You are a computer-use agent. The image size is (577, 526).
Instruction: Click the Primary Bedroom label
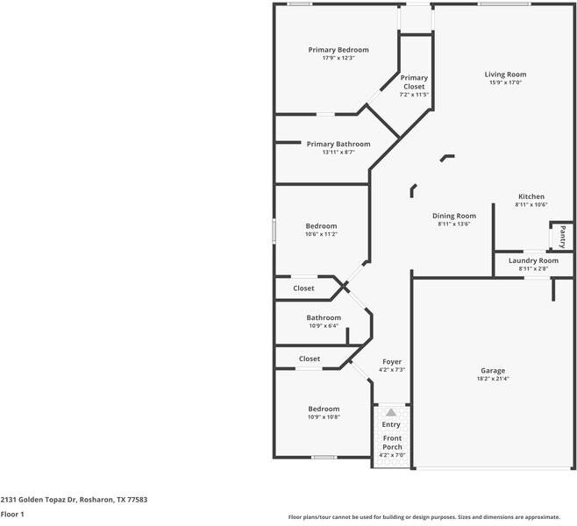tap(338, 50)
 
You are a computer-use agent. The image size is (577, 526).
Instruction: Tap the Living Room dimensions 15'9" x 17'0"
tap(505, 82)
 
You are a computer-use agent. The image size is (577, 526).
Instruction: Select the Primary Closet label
tap(414, 82)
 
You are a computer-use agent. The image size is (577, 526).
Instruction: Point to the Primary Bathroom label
tap(338, 144)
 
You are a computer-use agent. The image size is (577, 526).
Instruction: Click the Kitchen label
tap(531, 196)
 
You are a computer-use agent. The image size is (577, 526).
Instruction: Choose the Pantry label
tap(562, 237)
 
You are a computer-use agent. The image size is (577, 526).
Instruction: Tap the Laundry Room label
tap(533, 260)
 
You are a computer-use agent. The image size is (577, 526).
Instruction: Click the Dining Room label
tap(454, 216)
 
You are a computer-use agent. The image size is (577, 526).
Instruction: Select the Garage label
tap(493, 370)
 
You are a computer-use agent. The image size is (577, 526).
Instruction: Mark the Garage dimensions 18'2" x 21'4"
tap(493, 379)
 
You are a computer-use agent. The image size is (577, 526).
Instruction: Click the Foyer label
tap(392, 361)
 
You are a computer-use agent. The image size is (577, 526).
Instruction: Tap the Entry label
tap(390, 424)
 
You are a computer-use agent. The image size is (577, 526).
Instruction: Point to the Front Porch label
tap(391, 442)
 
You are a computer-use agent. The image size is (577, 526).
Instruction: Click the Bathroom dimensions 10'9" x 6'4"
tap(324, 325)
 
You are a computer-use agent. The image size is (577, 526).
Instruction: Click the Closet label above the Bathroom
tap(303, 288)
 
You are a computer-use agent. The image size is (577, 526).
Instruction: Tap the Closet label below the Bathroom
tap(310, 359)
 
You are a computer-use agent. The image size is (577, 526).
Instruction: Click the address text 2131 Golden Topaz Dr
tap(42, 500)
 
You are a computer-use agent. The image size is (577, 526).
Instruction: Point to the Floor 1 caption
tap(12, 515)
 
